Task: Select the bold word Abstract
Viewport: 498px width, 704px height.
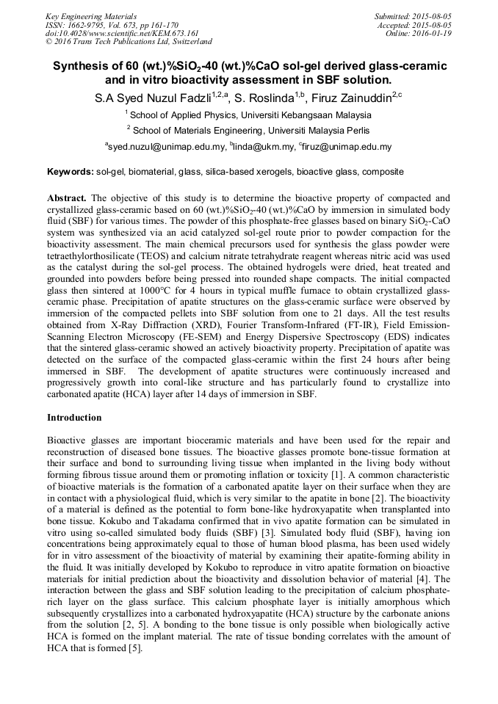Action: click(x=67, y=199)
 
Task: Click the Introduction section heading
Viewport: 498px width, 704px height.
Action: click(x=74, y=418)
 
